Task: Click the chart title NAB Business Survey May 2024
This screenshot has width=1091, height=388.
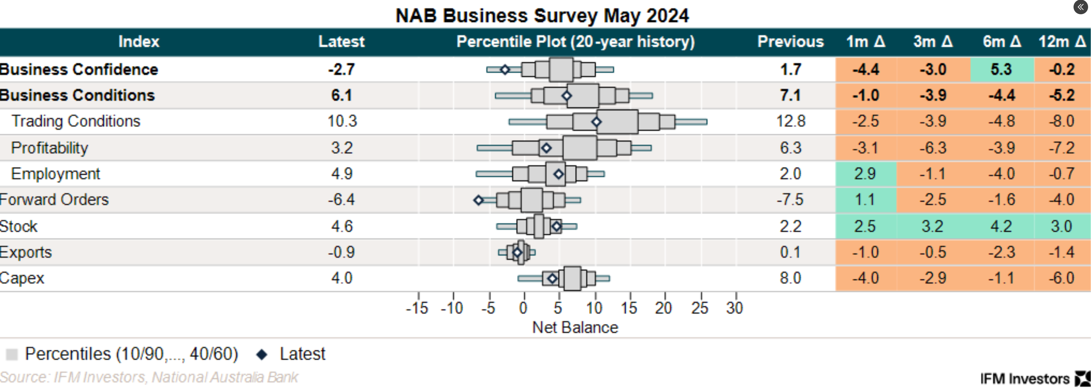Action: (542, 16)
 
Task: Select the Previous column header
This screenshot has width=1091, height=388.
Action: (790, 41)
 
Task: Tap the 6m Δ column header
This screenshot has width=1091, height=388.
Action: (1002, 41)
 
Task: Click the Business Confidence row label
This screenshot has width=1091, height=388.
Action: (79, 69)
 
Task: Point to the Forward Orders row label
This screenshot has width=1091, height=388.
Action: (54, 199)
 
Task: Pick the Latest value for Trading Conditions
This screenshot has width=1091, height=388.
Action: (342, 121)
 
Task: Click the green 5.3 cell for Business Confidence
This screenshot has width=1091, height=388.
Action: (1001, 69)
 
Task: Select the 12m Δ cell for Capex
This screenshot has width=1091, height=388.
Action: (1062, 278)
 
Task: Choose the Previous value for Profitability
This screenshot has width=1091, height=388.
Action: (790, 148)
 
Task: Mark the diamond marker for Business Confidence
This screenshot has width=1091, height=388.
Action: (505, 70)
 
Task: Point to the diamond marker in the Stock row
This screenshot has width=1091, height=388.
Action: (556, 226)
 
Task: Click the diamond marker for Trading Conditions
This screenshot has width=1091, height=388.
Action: (596, 122)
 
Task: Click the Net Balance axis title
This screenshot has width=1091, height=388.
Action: (575, 327)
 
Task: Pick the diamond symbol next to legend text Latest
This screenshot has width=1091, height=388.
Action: (262, 354)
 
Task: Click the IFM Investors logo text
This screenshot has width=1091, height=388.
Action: (1025, 378)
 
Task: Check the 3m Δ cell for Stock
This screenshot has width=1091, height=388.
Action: (933, 226)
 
